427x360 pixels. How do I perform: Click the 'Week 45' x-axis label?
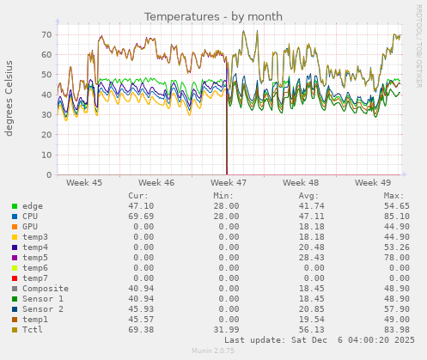[84, 183]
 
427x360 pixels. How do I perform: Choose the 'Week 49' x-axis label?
[373, 183]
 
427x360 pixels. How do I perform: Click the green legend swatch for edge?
[15, 206]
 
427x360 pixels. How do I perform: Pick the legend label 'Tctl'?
[32, 330]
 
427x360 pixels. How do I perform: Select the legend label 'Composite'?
[45, 289]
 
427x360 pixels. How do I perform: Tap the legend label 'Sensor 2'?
[43, 309]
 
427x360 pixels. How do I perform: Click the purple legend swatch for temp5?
[15, 258]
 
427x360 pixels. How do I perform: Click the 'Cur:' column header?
[138, 196]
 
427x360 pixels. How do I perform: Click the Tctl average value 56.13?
[306, 330]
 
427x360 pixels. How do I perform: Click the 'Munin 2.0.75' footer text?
[213, 351]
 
